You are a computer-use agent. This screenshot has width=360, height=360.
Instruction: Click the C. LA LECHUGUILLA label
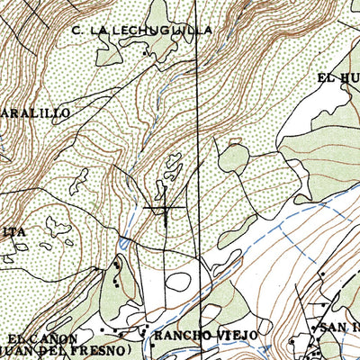[x=143, y=30]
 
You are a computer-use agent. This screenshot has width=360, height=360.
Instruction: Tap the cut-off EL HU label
[x=337, y=78]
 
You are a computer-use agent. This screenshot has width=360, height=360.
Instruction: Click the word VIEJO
[x=236, y=335]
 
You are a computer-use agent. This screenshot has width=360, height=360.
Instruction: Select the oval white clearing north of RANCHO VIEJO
[x=179, y=282]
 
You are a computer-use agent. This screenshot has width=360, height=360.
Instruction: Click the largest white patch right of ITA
[x=59, y=224]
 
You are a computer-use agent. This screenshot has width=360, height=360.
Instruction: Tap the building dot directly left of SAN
[x=316, y=329]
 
